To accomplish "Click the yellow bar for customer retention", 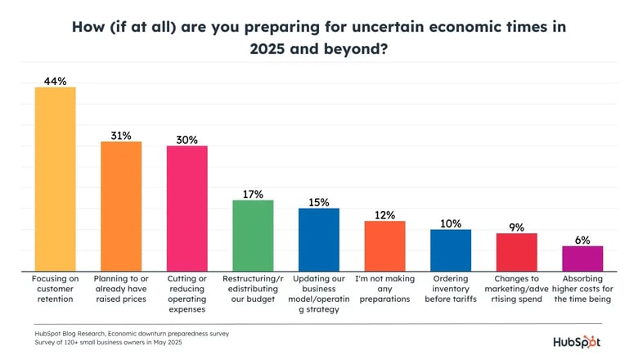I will pos(55,179).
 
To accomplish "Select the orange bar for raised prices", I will pos(121,206).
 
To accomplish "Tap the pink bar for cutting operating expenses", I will pos(186,209).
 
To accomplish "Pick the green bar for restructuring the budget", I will pos(253,236).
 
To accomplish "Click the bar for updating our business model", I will pos(319,240).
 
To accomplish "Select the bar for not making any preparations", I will pos(384,246).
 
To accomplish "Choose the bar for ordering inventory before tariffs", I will pos(451,250).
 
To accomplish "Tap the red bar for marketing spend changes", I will pos(517,252).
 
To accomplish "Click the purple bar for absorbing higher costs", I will pos(582,259).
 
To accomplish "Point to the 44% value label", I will pos(55,80).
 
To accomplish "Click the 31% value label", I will pos(121,134).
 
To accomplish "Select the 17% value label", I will pos(253,194).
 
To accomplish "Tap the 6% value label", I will pos(582,240).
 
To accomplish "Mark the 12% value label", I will pos(384,214).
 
